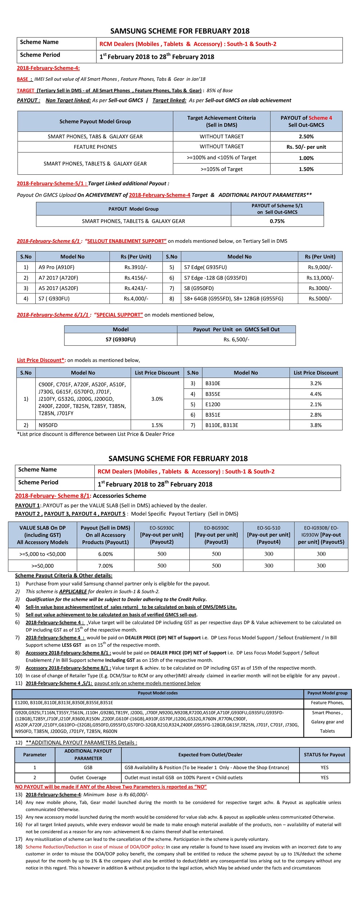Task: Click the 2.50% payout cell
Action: pyautogui.click(x=306, y=137)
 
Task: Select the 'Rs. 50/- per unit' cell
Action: pyautogui.click(x=306, y=147)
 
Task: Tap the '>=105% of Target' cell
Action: pyautogui.click(x=221, y=169)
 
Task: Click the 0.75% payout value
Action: pyautogui.click(x=277, y=221)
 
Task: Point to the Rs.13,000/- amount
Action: pyautogui.click(x=320, y=278)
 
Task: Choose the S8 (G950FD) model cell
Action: pyautogui.click(x=199, y=288)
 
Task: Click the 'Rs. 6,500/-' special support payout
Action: pyautogui.click(x=236, y=339)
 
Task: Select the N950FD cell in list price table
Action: pyautogui.click(x=48, y=425)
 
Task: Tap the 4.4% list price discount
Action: pyautogui.click(x=316, y=394)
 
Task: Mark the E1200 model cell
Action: pyautogui.click(x=213, y=404)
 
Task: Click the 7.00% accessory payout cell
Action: pyautogui.click(x=105, y=566)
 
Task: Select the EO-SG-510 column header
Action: pyautogui.click(x=269, y=535)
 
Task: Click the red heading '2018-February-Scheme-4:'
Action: pyautogui.click(x=48, y=68)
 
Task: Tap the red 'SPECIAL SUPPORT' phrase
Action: pyautogui.click(x=119, y=315)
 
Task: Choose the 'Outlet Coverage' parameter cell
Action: pyautogui.click(x=88, y=778)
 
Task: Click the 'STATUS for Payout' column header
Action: pyautogui.click(x=324, y=755)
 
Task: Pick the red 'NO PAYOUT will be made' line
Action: pyautogui.click(x=111, y=787)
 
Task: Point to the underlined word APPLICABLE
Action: pyautogui.click(x=73, y=591)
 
